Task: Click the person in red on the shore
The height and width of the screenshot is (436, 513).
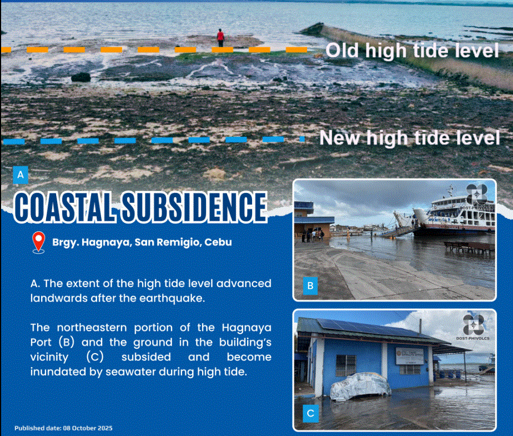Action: (x=220, y=38)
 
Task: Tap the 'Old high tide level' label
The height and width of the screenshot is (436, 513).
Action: (x=412, y=51)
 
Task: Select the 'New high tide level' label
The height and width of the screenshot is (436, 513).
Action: (x=410, y=137)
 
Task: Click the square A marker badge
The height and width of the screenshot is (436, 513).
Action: (x=21, y=175)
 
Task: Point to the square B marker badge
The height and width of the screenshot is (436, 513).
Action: (x=310, y=286)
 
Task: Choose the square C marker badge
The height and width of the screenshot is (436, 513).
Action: (x=310, y=413)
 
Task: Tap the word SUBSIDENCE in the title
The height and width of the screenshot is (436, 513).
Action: (x=194, y=207)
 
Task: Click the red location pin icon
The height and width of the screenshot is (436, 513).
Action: (x=38, y=242)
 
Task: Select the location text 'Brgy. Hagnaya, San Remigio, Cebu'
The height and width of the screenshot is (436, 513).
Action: (x=142, y=242)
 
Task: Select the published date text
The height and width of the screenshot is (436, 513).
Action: (x=63, y=428)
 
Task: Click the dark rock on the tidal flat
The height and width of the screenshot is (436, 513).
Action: (x=81, y=77)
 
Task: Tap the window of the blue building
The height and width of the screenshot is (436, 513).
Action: (x=345, y=365)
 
